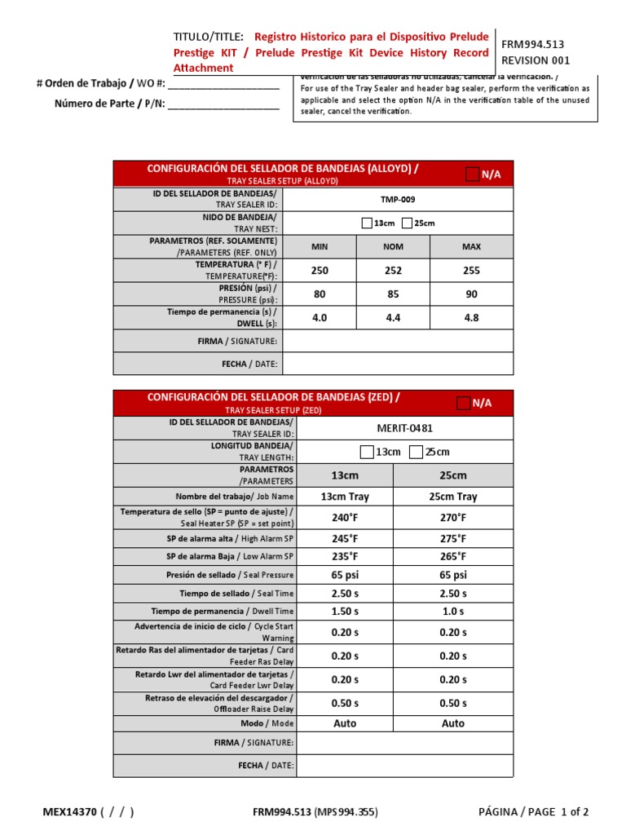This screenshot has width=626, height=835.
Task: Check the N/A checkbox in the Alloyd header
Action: [472, 174]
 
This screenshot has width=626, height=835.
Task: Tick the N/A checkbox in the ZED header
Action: [463, 402]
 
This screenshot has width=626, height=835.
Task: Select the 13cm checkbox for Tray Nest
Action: [366, 223]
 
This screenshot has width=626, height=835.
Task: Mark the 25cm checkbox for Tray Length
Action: [416, 452]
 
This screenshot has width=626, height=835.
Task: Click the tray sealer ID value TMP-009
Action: [398, 199]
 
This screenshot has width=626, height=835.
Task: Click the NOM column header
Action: [393, 246]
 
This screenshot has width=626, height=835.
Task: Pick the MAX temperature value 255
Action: [471, 271]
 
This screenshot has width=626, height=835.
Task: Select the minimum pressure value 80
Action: [319, 294]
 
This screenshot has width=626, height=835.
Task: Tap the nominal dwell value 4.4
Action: [393, 318]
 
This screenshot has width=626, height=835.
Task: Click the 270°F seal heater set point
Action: [453, 518]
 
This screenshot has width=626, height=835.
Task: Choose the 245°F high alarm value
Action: [346, 538]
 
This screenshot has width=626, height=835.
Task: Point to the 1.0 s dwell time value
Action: [453, 612]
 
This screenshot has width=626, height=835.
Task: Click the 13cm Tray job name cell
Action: [346, 497]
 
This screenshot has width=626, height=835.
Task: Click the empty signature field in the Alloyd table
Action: [398, 341]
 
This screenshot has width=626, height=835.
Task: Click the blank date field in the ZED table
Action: [404, 766]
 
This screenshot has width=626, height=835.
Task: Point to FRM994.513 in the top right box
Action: [532, 45]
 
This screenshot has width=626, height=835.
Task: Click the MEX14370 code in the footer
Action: [69, 811]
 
